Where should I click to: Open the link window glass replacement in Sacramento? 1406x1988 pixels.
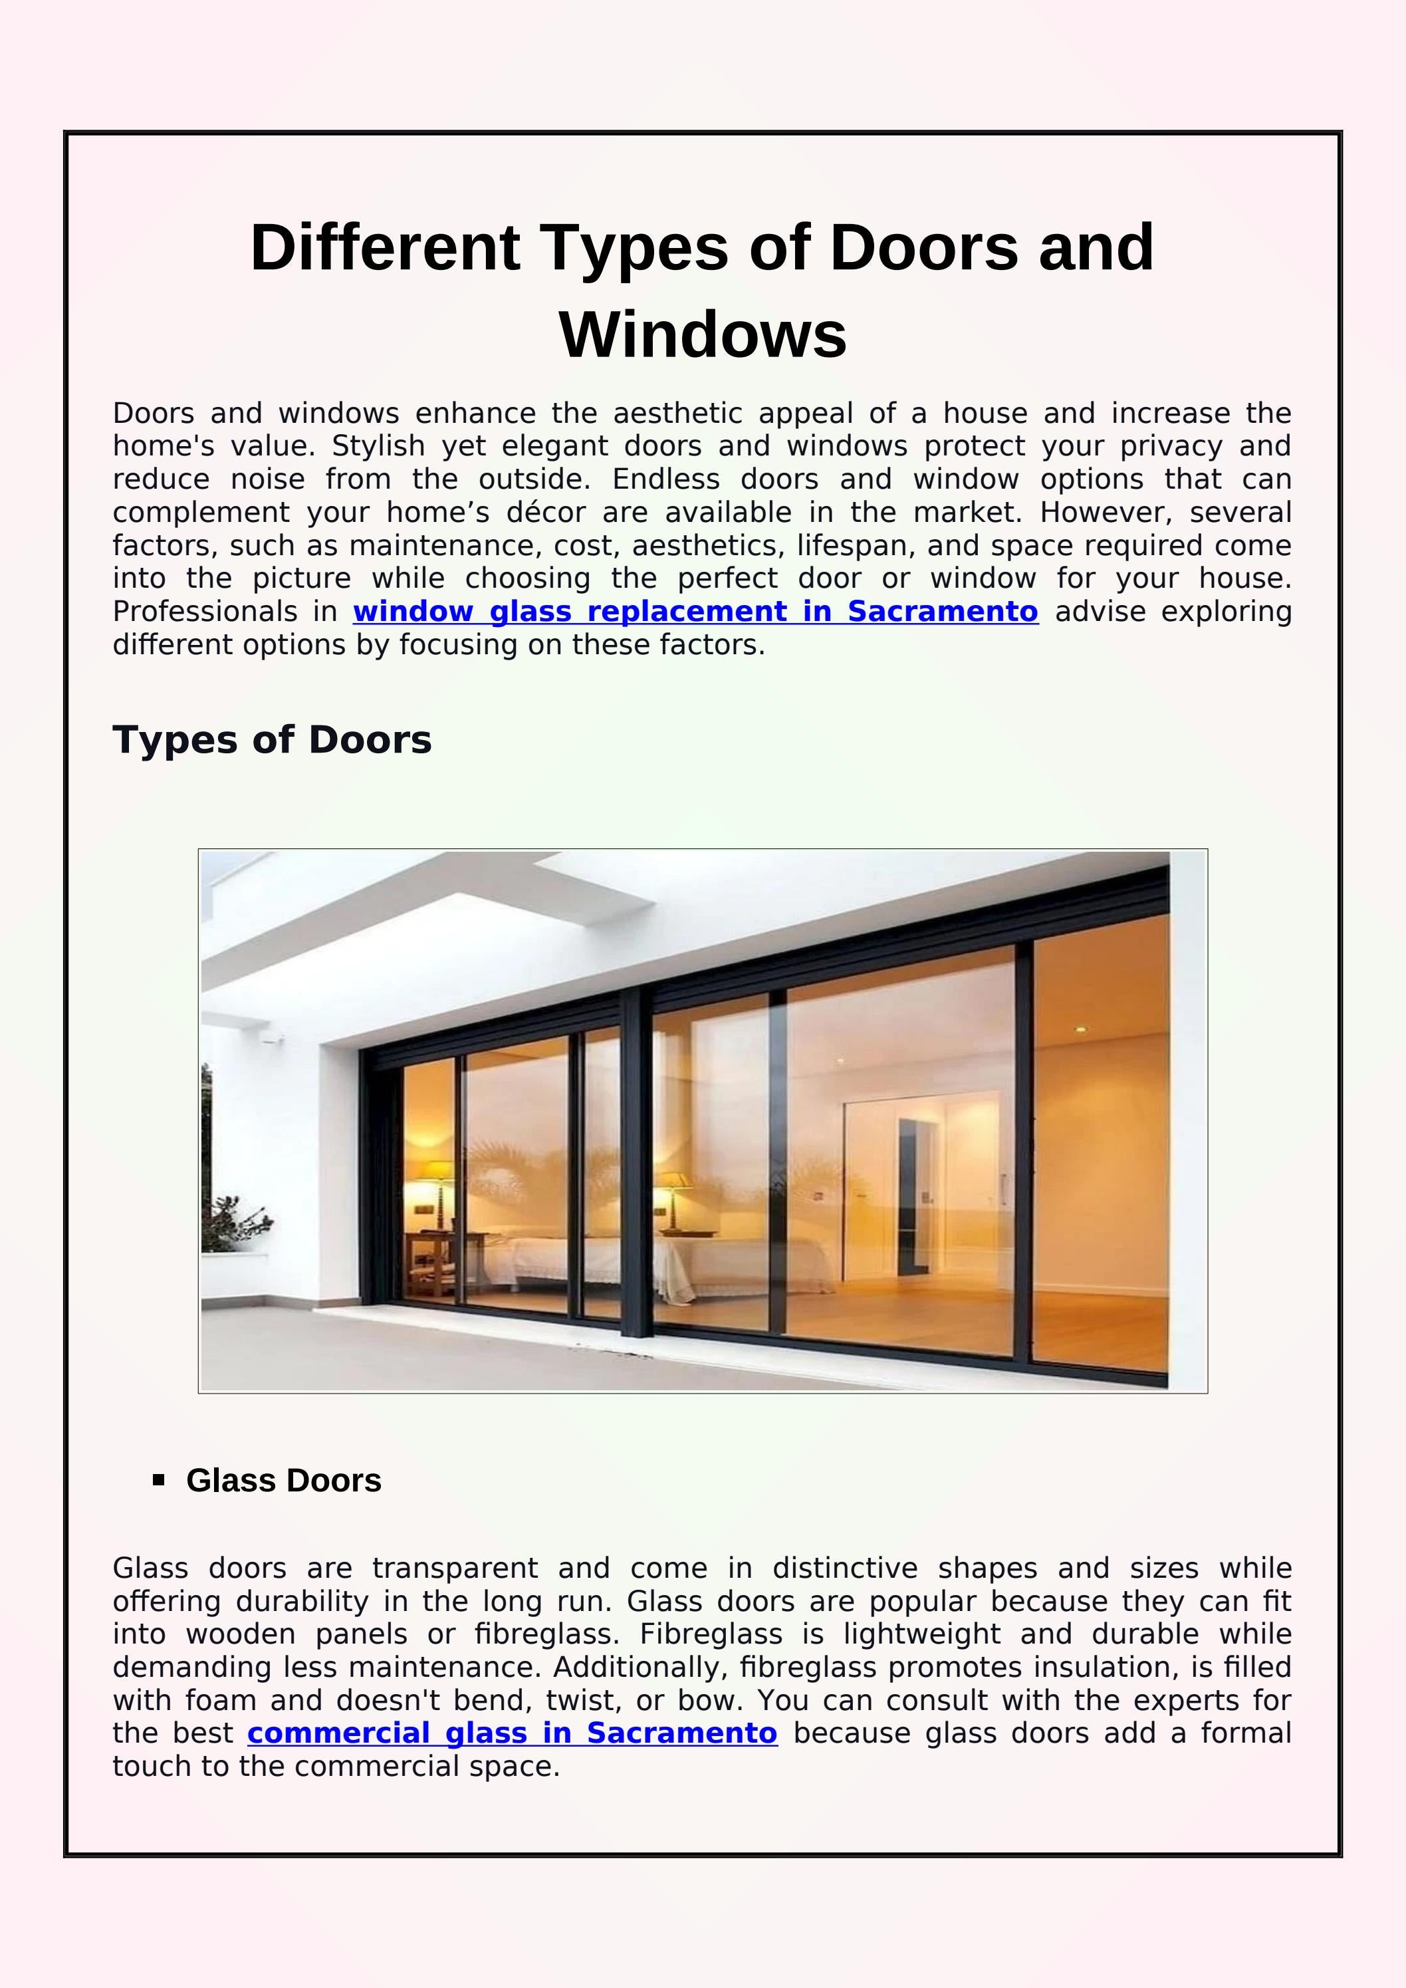click(695, 611)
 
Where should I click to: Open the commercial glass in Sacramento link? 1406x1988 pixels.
click(512, 1733)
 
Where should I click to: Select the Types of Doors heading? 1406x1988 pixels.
click(272, 739)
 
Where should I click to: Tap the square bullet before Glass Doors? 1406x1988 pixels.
click(158, 1480)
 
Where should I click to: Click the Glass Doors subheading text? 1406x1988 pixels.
click(283, 1481)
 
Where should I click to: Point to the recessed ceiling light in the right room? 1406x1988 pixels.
click(1080, 1029)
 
